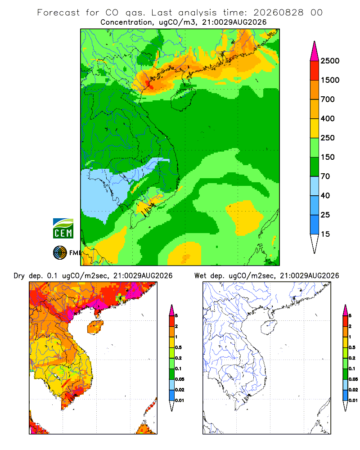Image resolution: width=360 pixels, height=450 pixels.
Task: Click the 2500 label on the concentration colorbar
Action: pyautogui.click(x=330, y=61)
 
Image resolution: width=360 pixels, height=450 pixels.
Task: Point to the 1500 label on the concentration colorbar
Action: pyautogui.click(x=330, y=80)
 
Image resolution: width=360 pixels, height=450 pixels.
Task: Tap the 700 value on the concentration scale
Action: pyautogui.click(x=328, y=99)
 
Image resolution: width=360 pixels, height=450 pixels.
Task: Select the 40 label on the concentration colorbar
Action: pyautogui.click(x=325, y=195)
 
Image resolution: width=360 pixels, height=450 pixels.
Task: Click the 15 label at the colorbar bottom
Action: pyautogui.click(x=325, y=234)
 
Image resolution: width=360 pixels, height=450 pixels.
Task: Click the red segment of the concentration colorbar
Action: pyautogui.click(x=315, y=71)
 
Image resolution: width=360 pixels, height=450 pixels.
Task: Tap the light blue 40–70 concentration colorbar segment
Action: pyautogui.click(x=315, y=186)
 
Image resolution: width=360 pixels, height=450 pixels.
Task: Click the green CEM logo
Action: pyautogui.click(x=63, y=229)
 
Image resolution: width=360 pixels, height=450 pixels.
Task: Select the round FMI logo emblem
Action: pyautogui.click(x=60, y=253)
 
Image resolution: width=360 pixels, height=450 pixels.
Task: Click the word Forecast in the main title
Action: pyautogui.click(x=58, y=13)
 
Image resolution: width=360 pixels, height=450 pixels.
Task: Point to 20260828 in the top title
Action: pyautogui.click(x=279, y=13)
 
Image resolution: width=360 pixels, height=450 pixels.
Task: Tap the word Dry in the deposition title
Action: pyautogui.click(x=19, y=276)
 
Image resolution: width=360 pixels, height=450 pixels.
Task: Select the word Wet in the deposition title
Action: pyautogui.click(x=200, y=276)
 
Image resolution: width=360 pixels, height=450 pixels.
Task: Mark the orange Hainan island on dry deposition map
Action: pyautogui.click(x=95, y=327)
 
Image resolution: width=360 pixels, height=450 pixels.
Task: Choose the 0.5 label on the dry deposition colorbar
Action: pyautogui.click(x=178, y=347)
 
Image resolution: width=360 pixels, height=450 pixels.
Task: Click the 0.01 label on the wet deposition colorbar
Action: pyautogui.click(x=353, y=400)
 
